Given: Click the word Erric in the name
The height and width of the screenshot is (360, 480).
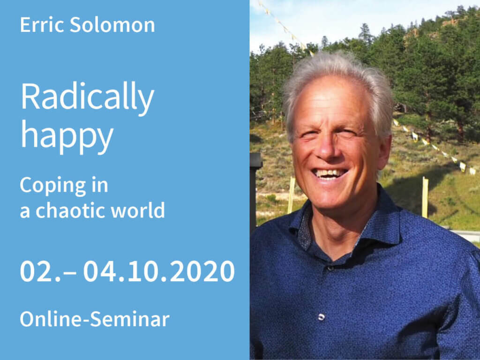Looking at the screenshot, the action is click(42, 24).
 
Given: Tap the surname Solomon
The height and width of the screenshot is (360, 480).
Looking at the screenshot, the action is click(112, 24).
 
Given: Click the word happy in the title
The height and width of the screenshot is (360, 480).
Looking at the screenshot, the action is click(67, 135).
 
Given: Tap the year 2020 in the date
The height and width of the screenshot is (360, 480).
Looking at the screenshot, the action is click(202, 271).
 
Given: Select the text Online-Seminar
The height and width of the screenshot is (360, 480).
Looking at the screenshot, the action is click(95, 319).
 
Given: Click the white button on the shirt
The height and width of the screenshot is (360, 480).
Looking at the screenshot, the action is click(322, 317).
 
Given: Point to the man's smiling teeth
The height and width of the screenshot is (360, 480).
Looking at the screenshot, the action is click(330, 173).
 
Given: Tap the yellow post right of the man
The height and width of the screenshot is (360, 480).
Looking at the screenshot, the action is click(425, 197).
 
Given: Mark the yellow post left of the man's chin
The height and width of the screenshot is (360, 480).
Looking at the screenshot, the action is click(291, 195).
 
